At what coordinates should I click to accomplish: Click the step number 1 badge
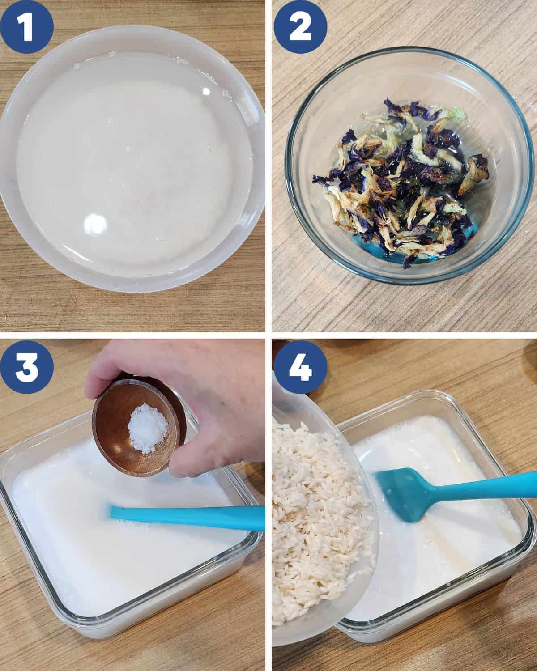point(27,27)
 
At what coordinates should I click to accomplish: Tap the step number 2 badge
point(300,27)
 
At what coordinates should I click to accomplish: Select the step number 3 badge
point(27,367)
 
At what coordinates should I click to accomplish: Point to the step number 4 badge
point(300,367)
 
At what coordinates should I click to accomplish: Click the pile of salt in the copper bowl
point(148,428)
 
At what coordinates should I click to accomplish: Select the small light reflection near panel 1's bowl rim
point(206,91)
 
